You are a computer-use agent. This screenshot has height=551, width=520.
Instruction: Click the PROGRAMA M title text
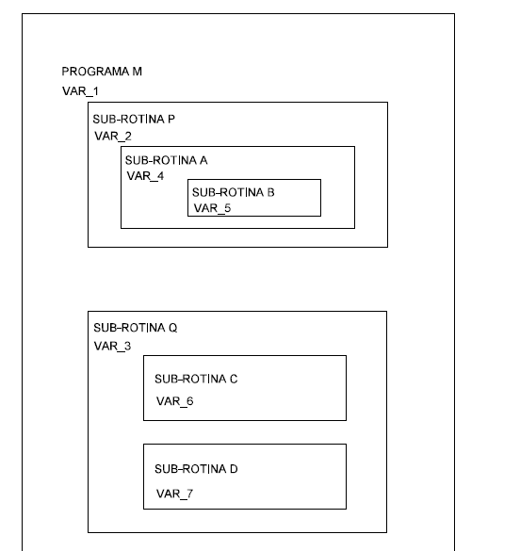pos(102,72)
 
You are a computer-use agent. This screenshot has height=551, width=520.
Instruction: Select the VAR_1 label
pos(80,91)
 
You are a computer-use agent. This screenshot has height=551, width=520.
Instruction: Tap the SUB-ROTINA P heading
pos(134,120)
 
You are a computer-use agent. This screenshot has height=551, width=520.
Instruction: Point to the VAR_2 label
pos(113,137)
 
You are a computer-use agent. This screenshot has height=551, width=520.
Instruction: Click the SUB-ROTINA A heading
pos(167,161)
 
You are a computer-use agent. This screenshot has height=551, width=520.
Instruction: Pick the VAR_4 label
pos(145,176)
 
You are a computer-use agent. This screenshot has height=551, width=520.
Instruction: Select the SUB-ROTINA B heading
pos(234,192)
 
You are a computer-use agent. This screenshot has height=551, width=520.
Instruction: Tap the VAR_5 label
pos(212,208)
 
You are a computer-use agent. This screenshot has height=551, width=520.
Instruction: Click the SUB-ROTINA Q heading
pos(136,328)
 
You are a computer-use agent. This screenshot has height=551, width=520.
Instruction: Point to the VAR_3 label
pos(112,347)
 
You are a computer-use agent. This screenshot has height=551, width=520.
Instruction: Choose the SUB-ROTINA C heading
pos(196,380)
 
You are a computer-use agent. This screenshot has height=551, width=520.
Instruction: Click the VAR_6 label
pos(175,401)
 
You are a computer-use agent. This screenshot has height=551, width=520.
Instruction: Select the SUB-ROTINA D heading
pos(196,469)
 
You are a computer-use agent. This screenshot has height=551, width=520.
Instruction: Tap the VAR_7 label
pos(175,494)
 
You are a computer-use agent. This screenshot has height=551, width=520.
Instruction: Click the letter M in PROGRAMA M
pos(138,72)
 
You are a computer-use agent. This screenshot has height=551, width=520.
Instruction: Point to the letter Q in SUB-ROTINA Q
pos(173,328)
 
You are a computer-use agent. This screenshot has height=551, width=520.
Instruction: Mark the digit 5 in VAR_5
pos(228,208)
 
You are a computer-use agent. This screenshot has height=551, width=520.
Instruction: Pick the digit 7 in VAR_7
pos(189,494)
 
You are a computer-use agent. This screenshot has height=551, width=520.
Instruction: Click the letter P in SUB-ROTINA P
pos(171,120)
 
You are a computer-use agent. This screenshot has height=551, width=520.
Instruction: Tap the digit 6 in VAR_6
pos(190,401)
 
